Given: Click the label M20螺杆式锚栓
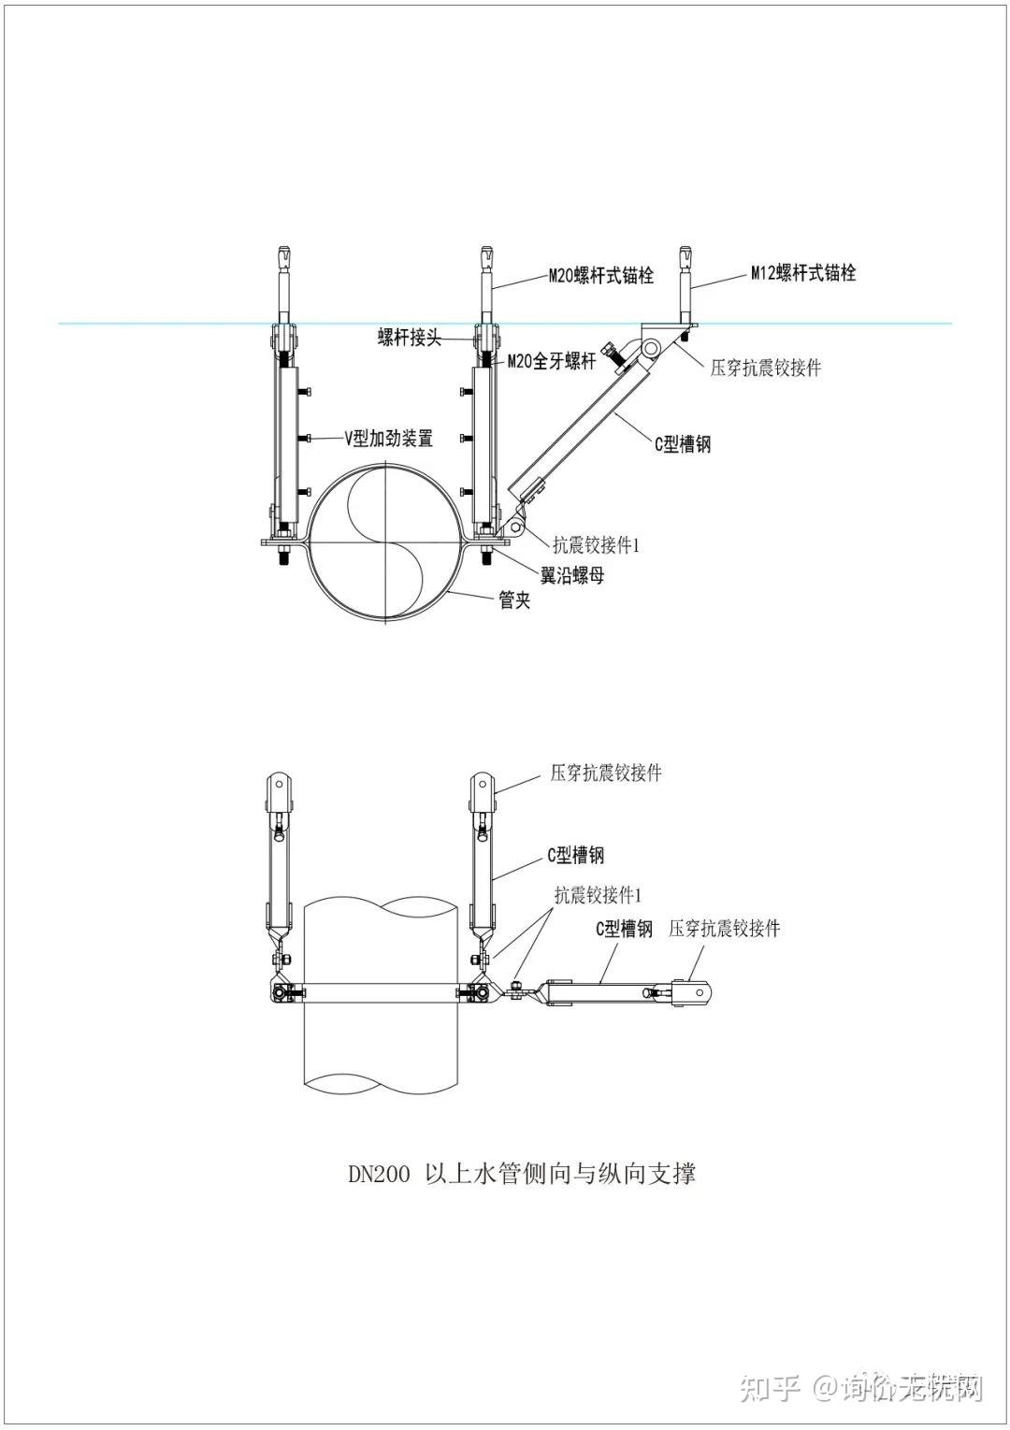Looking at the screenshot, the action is click(601, 275).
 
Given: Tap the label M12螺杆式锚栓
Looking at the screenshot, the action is click(803, 273).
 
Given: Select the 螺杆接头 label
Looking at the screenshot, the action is click(410, 338).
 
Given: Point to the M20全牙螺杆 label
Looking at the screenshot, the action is click(552, 361).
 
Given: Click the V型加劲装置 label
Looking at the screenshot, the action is click(389, 438).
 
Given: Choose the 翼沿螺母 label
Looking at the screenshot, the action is click(572, 576).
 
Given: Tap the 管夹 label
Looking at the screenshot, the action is click(514, 600).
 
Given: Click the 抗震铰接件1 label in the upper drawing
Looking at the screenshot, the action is click(597, 544).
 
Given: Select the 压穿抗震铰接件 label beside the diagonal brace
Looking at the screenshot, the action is click(766, 368).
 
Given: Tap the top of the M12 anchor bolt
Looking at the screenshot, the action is click(686, 249).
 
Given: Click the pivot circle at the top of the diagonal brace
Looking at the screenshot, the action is click(651, 347).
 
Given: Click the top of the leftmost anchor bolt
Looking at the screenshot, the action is click(284, 249).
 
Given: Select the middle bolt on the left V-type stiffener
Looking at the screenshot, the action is click(306, 438).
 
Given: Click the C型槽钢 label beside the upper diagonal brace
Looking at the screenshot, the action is click(683, 443).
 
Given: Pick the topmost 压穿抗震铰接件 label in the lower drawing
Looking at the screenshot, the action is click(606, 773).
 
